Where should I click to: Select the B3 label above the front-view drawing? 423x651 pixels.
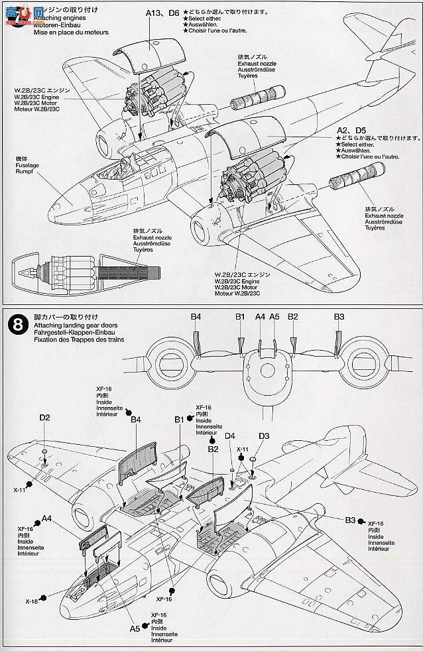(x=339, y=317)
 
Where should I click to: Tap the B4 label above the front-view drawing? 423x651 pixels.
(x=196, y=317)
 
